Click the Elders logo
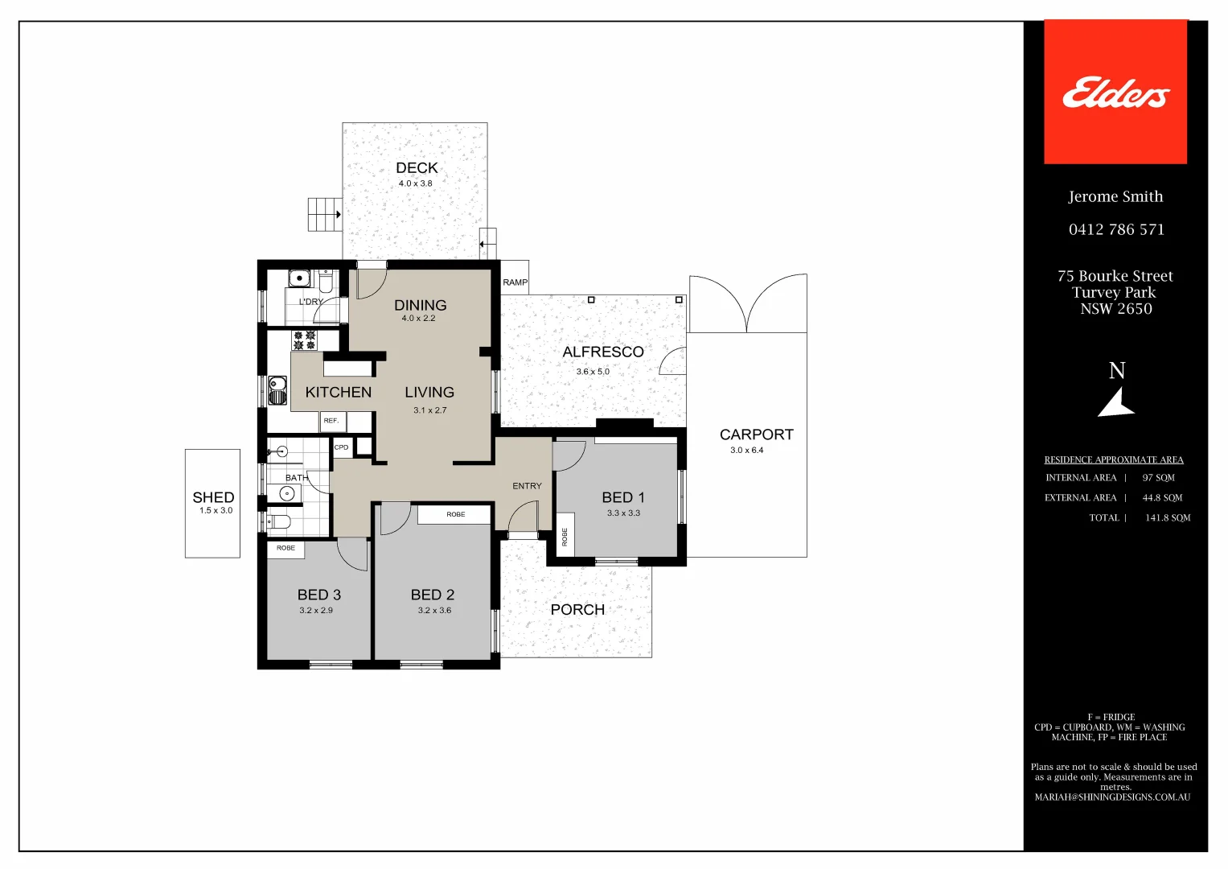(x=1115, y=93)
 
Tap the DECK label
(x=417, y=168)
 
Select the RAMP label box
(x=515, y=282)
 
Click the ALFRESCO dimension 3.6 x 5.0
(x=593, y=372)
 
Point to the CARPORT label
(x=756, y=434)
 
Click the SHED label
(x=213, y=497)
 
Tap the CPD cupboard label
(x=342, y=447)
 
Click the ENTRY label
(x=527, y=486)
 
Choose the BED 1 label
(x=623, y=497)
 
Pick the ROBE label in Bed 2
(x=456, y=514)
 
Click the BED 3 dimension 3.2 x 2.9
(x=316, y=611)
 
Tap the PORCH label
(x=577, y=610)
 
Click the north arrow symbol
(x=1116, y=402)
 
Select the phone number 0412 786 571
(x=1116, y=230)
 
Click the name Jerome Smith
(x=1115, y=197)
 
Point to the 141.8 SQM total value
(x=1168, y=518)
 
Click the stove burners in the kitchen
(x=304, y=340)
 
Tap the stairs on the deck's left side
(x=324, y=215)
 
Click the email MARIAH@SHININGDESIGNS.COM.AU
(x=1112, y=797)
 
